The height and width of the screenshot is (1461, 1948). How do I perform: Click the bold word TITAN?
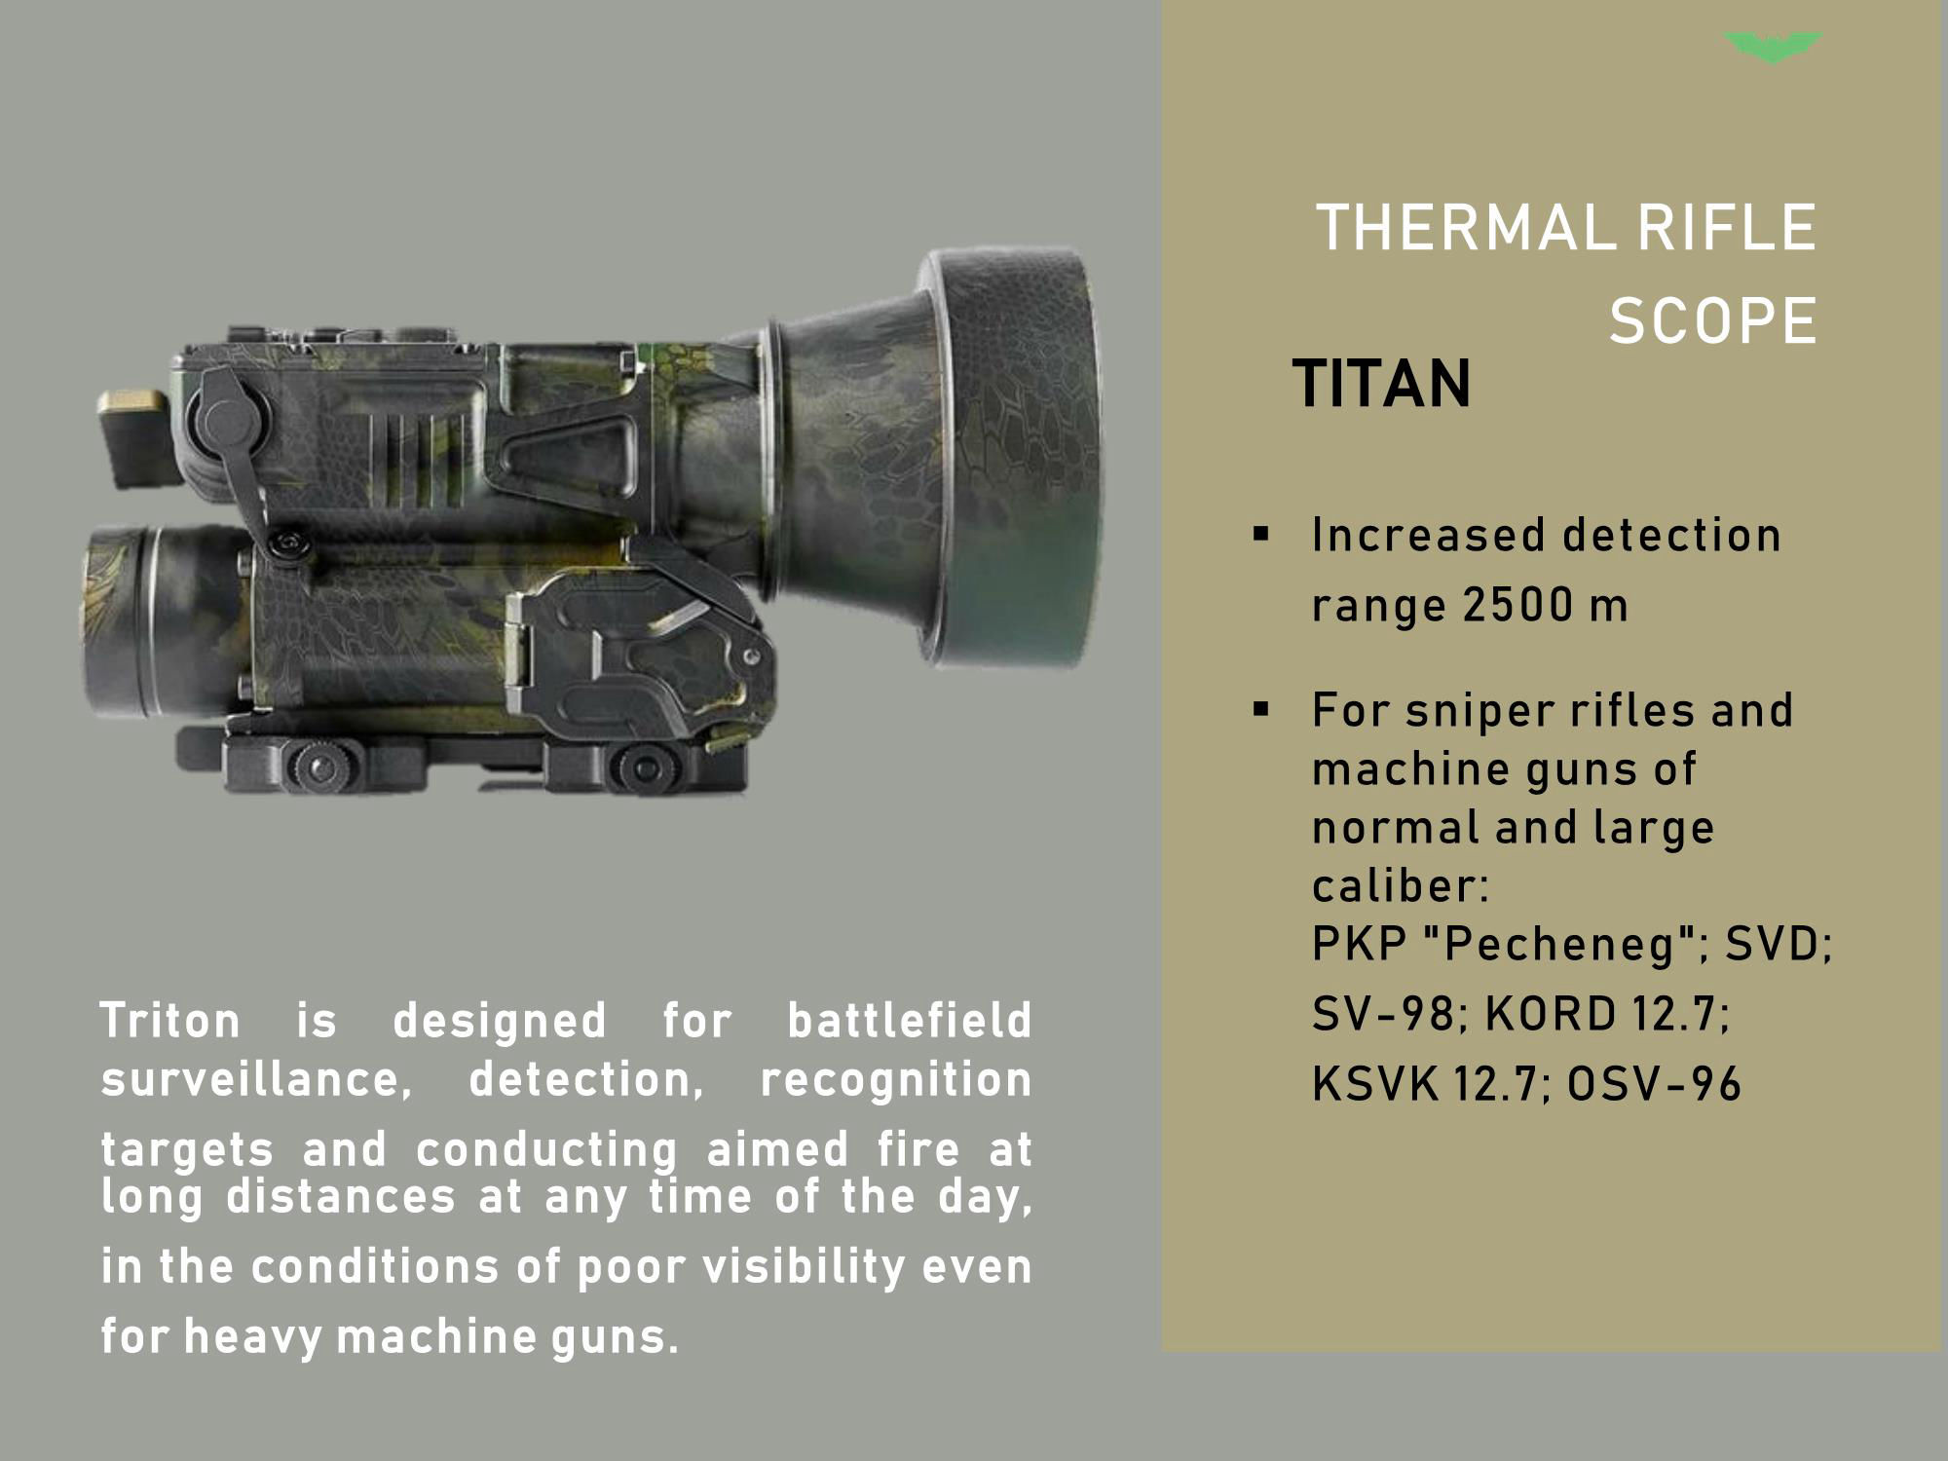click(1381, 384)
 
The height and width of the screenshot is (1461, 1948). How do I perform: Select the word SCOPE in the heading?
click(1712, 320)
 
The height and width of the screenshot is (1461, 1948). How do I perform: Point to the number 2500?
click(1517, 605)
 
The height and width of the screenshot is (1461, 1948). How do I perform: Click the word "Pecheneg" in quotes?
click(1566, 944)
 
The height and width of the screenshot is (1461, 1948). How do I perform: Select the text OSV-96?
click(1653, 1084)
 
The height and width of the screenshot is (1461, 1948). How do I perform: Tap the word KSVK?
click(1374, 1084)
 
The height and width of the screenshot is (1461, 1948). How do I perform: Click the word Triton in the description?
click(170, 1021)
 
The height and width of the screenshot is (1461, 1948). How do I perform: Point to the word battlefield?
click(909, 1021)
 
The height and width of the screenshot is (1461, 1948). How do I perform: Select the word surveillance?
click(255, 1080)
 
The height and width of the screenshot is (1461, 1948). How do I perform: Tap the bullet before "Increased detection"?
click(1262, 534)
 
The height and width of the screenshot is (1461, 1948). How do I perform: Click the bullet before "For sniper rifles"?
click(1262, 709)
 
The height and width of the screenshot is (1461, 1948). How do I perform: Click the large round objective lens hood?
click(1013, 458)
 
